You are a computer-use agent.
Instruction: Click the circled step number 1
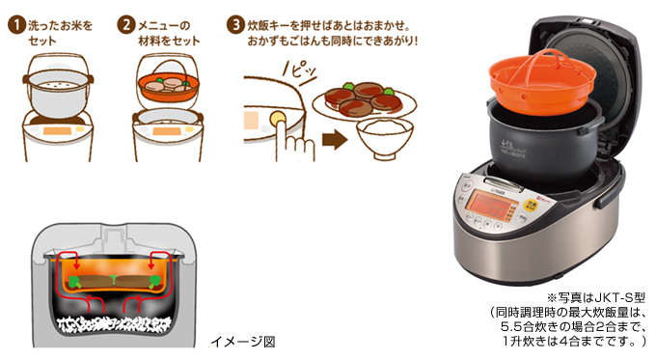click(x=16, y=25)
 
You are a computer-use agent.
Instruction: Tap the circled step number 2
click(x=126, y=25)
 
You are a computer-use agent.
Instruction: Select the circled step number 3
click(x=235, y=25)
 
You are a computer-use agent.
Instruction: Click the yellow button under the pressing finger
click(x=278, y=119)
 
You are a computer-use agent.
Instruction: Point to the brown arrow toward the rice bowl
click(x=335, y=140)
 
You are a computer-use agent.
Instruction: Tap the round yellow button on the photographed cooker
click(x=531, y=204)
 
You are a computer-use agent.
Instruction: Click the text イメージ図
click(x=243, y=342)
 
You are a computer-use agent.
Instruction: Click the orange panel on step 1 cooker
click(x=57, y=130)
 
